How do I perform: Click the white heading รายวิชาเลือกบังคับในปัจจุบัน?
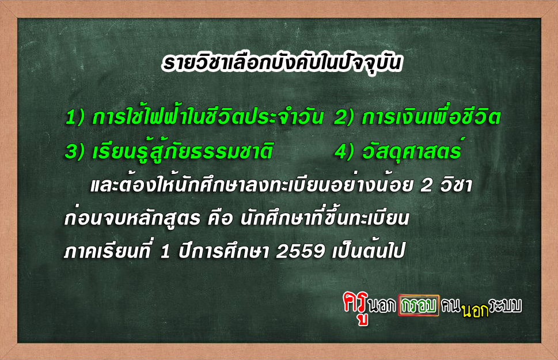coord(282,63)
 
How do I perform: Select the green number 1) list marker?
coord(75,117)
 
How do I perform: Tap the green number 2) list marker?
coord(344,117)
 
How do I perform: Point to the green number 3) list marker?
coord(75,151)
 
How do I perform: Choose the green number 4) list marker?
coord(344,151)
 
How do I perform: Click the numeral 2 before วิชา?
coord(426,185)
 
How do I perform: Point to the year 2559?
coord(301,251)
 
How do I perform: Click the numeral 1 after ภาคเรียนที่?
coord(165,251)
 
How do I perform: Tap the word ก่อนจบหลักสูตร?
coord(132,218)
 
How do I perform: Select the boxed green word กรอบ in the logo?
coord(419,305)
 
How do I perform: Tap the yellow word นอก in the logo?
coord(475,310)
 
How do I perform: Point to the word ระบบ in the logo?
coord(505,305)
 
